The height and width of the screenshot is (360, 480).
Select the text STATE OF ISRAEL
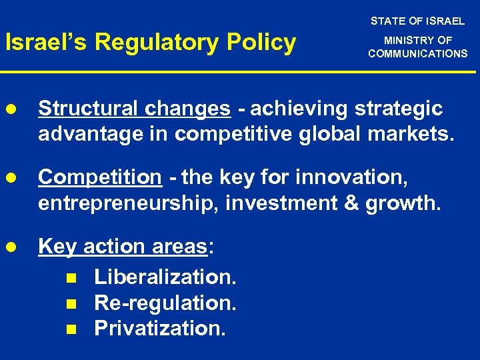pos(417,21)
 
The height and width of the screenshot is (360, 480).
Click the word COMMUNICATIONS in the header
pos(417,53)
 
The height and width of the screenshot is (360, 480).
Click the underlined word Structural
pos(85,108)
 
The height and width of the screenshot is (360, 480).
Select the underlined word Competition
pos(100,177)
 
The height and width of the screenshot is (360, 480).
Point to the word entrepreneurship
pos(128,203)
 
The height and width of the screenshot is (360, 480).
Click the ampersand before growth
pos(350,203)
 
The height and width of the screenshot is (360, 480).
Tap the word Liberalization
pos(165,276)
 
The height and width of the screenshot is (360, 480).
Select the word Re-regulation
pos(165,302)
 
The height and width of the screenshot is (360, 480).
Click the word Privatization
pos(160,327)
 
